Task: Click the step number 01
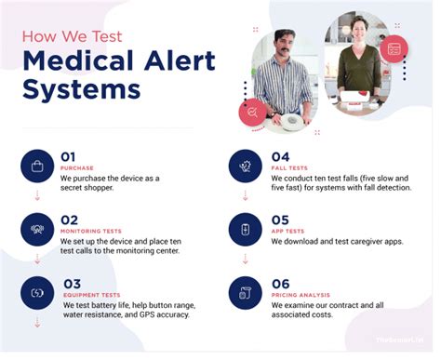point(69,156)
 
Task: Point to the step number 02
point(69,219)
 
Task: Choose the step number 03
point(73,283)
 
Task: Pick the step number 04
point(279,156)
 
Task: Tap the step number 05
point(279,219)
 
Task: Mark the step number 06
point(280,283)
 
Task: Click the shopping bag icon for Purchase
point(36,167)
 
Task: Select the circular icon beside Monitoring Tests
point(36,229)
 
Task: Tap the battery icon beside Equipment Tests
point(36,293)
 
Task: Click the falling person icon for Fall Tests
point(246,167)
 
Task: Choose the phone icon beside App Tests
point(246,229)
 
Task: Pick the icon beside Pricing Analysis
point(246,293)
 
